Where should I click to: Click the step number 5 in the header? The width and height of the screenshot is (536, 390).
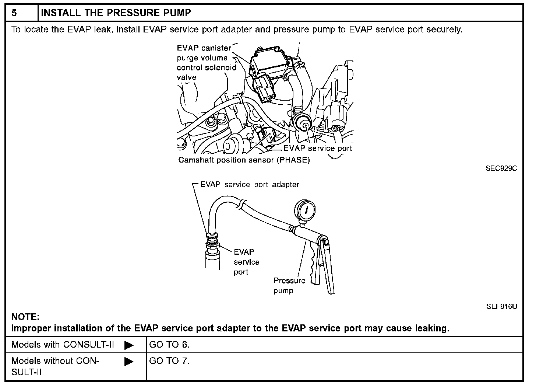pyautogui.click(x=14, y=13)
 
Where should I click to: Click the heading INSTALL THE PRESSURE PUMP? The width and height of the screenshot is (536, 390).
pyautogui.click(x=116, y=13)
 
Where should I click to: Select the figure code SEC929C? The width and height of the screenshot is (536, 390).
pyautogui.click(x=501, y=168)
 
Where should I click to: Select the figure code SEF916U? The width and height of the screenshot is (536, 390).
pyautogui.click(x=501, y=306)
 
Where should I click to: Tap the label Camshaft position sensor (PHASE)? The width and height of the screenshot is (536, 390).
pyautogui.click(x=244, y=160)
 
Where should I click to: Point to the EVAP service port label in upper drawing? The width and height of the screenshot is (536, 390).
pyautogui.click(x=318, y=148)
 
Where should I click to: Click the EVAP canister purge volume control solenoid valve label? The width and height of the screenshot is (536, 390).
pyautogui.click(x=206, y=63)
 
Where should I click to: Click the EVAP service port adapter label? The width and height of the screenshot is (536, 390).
pyautogui.click(x=250, y=184)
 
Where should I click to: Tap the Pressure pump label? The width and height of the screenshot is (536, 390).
pyautogui.click(x=289, y=285)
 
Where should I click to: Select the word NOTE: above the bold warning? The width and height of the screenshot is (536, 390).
pyautogui.click(x=25, y=317)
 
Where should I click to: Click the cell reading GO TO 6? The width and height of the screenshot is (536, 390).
pyautogui.click(x=169, y=345)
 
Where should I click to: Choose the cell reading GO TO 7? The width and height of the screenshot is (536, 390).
pyautogui.click(x=169, y=361)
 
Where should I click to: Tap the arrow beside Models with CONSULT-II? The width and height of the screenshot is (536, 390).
pyautogui.click(x=129, y=345)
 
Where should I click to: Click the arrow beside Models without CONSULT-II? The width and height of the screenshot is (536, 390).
pyautogui.click(x=129, y=362)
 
